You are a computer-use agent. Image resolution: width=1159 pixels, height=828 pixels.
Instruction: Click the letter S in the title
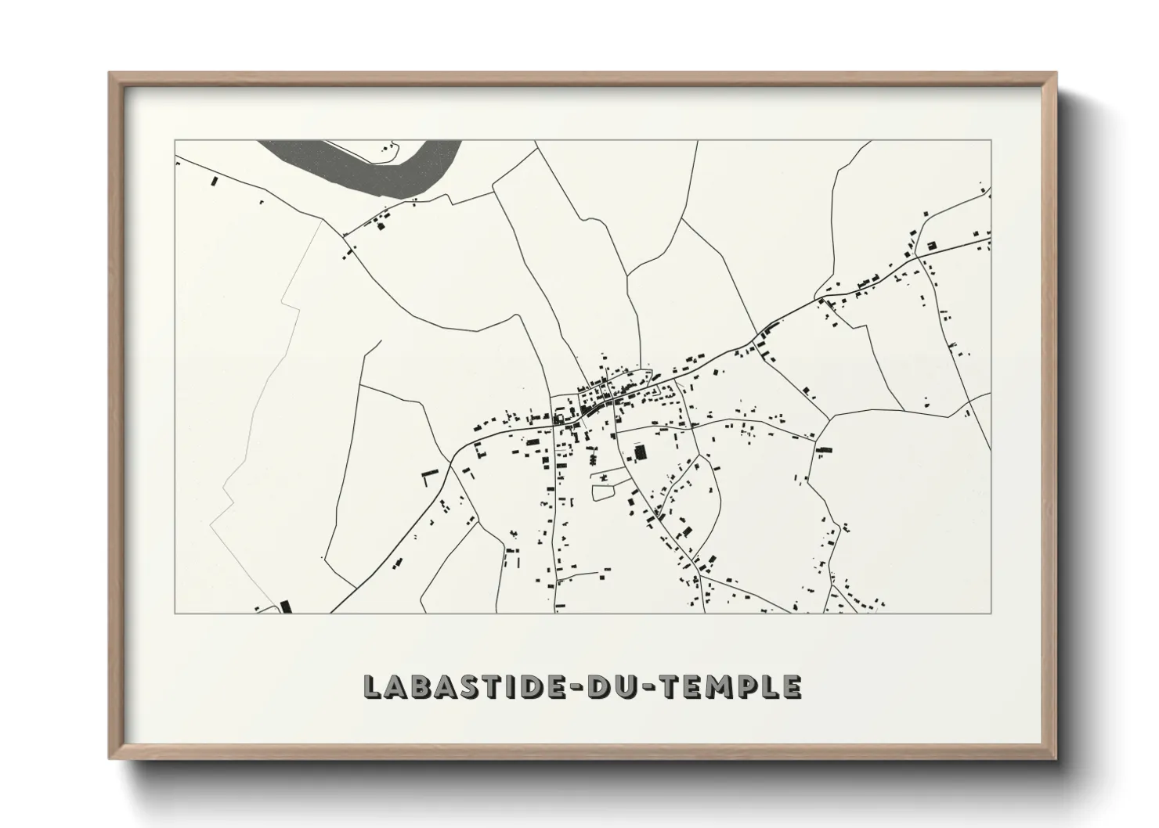tap(466, 686)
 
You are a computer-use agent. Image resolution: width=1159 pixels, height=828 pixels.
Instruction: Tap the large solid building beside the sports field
tap(641, 452)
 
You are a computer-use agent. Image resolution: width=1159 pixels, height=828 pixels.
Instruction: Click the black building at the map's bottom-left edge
tap(285, 606)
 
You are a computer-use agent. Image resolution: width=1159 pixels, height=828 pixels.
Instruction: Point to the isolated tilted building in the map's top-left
tap(214, 181)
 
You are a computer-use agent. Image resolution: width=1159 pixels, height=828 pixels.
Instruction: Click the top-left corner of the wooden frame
tap(111, 74)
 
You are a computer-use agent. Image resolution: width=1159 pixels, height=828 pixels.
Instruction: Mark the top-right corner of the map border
tap(991, 140)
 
